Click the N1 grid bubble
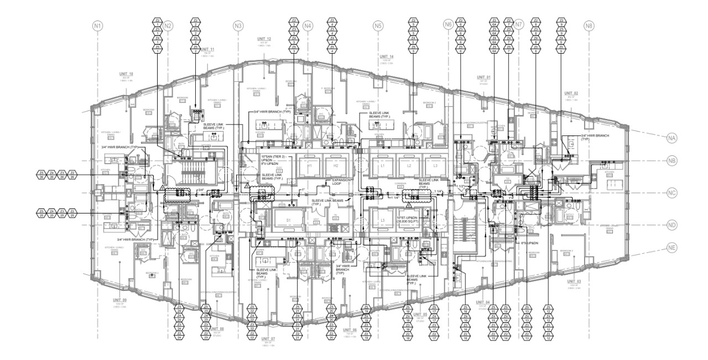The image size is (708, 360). coord(98,25)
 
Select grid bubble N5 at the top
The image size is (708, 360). coord(378,25)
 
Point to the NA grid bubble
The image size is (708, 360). coord(672,137)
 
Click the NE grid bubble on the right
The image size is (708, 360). coord(672,247)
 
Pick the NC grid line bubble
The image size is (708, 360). coord(672,193)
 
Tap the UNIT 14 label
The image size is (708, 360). coord(386,57)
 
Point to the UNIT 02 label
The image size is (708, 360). coord(571,93)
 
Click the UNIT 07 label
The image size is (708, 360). coord(268,338)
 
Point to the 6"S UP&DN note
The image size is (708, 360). coord(530,243)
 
